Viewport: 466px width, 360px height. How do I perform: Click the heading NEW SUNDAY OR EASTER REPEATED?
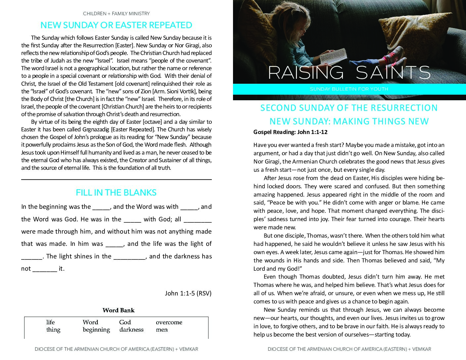116,25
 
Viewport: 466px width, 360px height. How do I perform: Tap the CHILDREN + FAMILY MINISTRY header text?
116,14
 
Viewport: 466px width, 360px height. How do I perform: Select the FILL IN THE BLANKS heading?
116,193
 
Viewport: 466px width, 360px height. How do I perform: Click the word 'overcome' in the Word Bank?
169,322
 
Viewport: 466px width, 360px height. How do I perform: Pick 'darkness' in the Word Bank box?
131,330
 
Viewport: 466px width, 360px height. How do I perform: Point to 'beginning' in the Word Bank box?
96,330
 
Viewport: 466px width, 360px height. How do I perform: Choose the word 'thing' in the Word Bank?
53,330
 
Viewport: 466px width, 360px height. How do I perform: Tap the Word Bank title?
118,310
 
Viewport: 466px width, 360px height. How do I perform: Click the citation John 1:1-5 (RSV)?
188,293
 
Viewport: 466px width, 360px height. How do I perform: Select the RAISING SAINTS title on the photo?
349,73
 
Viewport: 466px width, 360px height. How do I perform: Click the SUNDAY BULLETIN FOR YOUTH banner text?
349,89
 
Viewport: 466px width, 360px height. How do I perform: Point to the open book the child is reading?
334,56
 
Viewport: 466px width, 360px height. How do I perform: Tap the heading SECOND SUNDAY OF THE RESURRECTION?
349,108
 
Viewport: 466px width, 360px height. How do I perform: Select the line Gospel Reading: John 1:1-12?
290,132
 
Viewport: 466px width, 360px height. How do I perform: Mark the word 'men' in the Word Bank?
162,330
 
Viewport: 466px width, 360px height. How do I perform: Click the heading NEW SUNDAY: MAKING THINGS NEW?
349,121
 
